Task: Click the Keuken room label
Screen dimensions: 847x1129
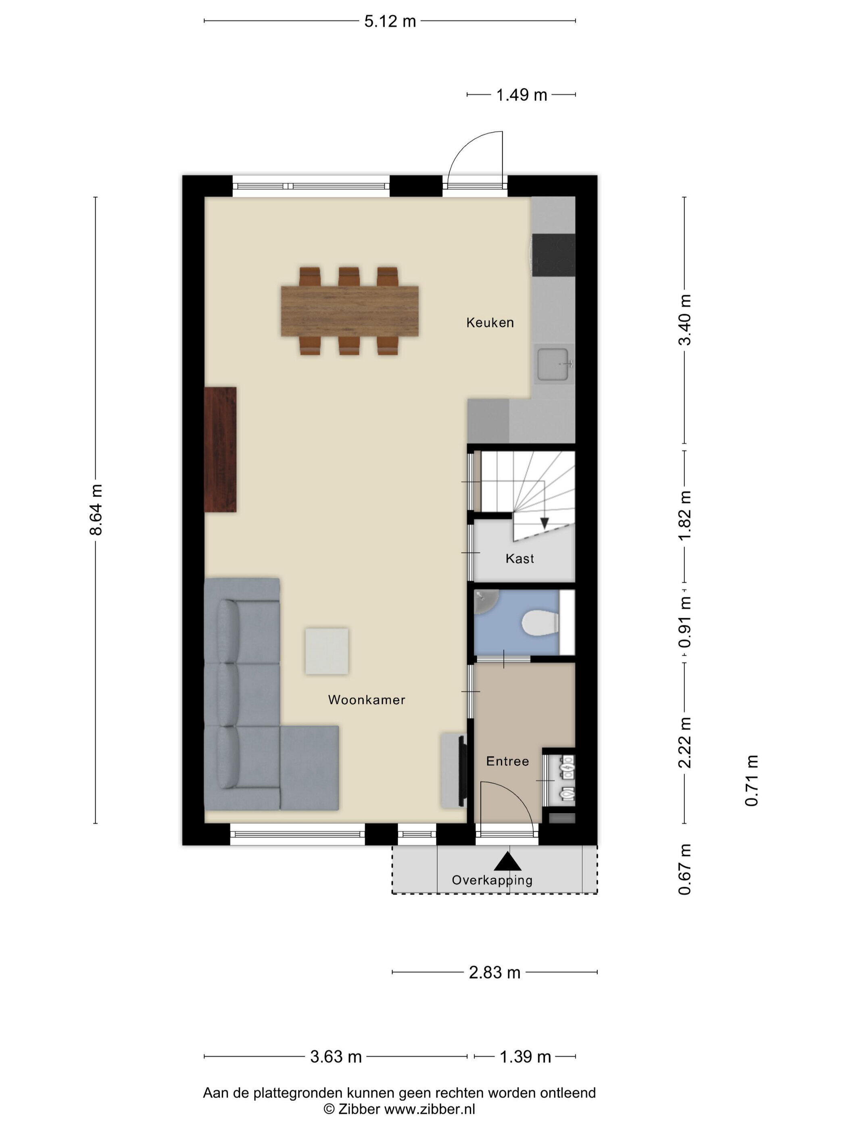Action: point(490,323)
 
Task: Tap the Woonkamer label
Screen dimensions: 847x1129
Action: point(367,700)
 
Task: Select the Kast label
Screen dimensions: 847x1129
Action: point(520,558)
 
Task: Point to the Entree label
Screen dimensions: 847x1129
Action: point(507,762)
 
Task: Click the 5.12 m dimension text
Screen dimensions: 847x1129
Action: point(390,21)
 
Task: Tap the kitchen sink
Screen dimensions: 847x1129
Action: point(553,365)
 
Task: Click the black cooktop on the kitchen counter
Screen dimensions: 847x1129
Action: point(553,255)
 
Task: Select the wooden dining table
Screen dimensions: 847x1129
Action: point(350,311)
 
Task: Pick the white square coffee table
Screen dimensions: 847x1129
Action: point(327,651)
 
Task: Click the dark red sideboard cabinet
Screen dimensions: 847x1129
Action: point(221,449)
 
